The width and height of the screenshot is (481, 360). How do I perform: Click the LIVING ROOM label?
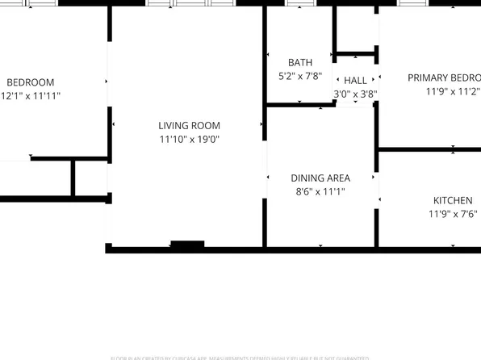(189, 125)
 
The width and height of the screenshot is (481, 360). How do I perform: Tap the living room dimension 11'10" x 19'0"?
(189, 139)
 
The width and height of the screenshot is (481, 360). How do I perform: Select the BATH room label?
(299, 62)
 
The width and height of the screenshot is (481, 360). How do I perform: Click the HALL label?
(355, 81)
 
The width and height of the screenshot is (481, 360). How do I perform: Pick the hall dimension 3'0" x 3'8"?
(355, 94)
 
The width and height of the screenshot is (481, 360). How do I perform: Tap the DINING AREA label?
(320, 178)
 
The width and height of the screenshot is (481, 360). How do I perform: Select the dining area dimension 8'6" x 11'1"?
(320, 191)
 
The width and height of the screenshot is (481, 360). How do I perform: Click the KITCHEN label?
(453, 200)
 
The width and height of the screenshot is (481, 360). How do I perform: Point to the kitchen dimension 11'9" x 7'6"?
(453, 214)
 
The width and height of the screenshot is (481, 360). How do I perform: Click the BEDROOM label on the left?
(30, 82)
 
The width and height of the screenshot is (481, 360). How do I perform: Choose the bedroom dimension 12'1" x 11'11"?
(30, 95)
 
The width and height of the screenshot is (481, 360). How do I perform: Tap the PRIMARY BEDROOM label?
(444, 77)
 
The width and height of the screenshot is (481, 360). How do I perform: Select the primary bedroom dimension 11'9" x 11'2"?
(453, 91)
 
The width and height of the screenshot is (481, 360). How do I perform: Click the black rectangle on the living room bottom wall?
(187, 245)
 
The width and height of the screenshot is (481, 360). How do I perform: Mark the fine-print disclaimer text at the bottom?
(240, 358)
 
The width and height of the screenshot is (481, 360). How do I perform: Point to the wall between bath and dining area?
(299, 104)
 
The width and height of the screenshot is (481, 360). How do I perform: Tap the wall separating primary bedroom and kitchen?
(428, 149)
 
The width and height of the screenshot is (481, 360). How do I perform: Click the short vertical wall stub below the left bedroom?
(73, 178)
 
